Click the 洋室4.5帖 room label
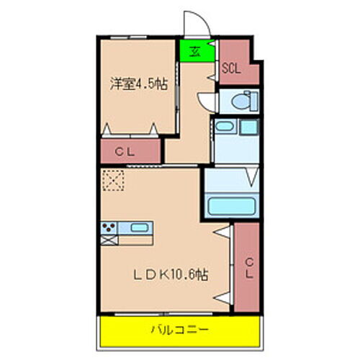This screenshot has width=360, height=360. (138, 84)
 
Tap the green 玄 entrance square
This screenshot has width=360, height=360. (195, 50)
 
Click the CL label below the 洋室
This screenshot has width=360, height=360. (129, 151)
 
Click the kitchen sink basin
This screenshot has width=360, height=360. (140, 230)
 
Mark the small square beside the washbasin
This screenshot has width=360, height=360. (249, 127)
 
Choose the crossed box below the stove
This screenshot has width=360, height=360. (108, 241)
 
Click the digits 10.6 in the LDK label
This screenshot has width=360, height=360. (183, 275)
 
